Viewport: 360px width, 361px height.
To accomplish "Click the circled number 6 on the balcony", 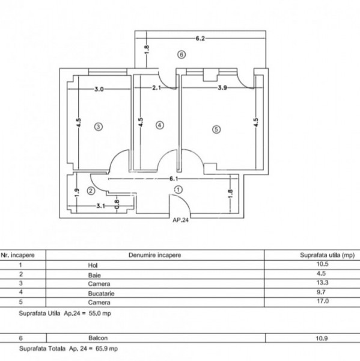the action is click(182, 55).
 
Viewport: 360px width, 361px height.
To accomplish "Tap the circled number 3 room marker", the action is click(99, 126).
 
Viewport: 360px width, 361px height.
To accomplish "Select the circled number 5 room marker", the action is click(216, 129).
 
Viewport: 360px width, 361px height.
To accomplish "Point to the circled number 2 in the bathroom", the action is click(91, 191).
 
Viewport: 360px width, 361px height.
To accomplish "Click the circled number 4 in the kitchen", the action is click(160, 126).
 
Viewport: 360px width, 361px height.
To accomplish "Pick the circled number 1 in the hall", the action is click(178, 190).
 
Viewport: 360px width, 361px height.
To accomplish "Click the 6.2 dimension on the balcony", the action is click(200, 39).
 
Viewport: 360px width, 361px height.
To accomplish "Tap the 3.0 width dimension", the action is click(99, 89).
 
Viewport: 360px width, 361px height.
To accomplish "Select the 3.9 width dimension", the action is click(222, 88).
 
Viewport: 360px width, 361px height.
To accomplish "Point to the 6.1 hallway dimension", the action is click(174, 179).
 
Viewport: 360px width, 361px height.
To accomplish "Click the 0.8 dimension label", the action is click(117, 205).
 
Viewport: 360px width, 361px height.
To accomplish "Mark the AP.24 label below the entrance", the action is click(180, 220).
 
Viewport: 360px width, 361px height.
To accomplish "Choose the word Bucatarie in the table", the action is click(101, 294).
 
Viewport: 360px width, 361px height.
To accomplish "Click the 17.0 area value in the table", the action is click(323, 301).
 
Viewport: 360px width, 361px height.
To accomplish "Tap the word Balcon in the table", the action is click(98, 338).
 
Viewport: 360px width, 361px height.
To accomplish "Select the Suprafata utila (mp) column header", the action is click(327, 255).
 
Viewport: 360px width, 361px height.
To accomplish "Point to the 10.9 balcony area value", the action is click(322, 338).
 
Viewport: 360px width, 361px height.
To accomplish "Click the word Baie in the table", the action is click(94, 275).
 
